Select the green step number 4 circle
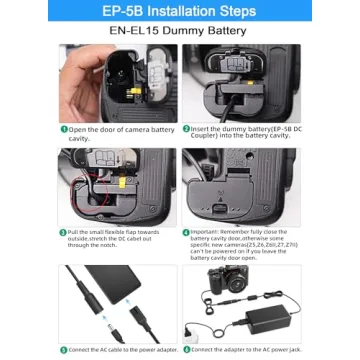tap(188, 232)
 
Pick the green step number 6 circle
tap(188, 348)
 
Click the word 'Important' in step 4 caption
tap(207, 232)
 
